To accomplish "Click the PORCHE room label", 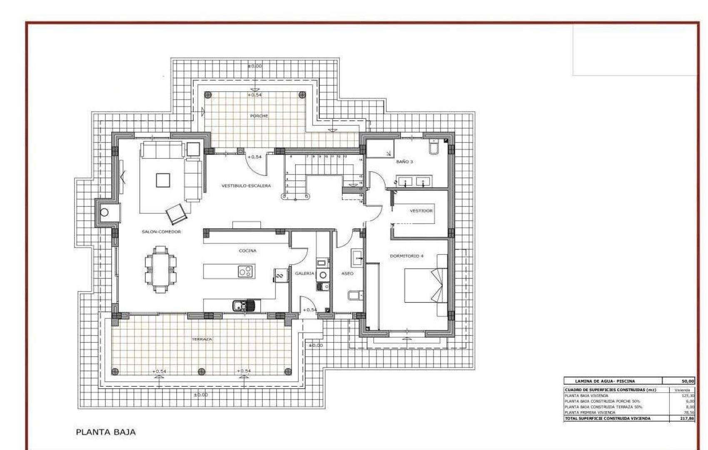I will click(259, 116).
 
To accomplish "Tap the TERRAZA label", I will click(202, 339).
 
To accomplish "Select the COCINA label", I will click(247, 251).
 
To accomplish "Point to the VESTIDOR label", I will click(421, 211).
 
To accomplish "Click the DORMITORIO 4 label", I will click(406, 256).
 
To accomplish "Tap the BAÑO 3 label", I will click(404, 162).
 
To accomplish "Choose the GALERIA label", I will click(304, 273).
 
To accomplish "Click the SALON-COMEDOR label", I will click(161, 232).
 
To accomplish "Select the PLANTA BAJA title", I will click(106, 432).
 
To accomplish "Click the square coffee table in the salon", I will click(163, 180).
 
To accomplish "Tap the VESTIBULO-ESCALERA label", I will click(246, 186).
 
